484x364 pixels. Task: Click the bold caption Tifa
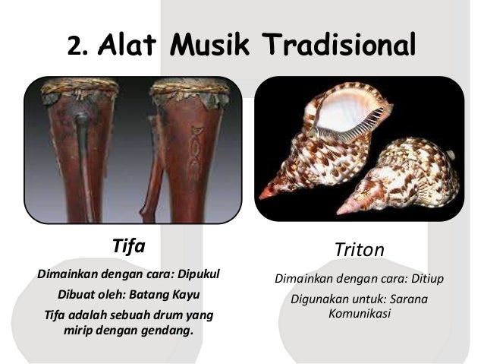pos(127,247)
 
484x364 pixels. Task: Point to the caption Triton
pos(360,249)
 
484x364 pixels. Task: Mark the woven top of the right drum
pos(190,90)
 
